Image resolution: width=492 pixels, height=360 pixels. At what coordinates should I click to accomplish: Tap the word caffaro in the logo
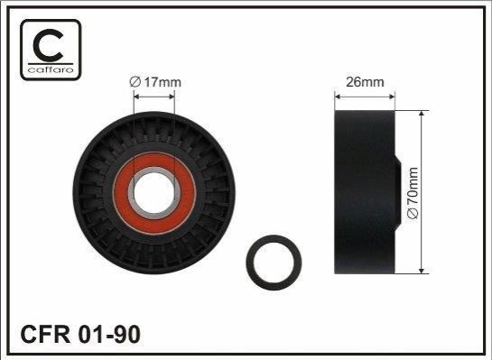51,69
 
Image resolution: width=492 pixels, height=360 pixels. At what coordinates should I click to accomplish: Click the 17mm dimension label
155,82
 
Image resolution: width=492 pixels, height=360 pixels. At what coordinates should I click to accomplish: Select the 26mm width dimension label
365,82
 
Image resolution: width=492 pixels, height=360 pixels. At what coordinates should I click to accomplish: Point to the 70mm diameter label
413,192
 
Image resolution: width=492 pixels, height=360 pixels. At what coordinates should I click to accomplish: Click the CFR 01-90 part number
80,334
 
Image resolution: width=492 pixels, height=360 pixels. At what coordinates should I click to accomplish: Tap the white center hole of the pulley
154,192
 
